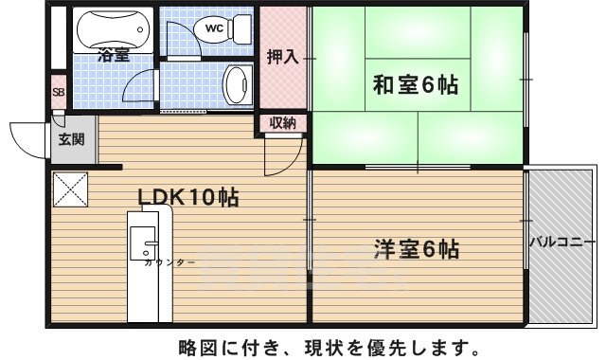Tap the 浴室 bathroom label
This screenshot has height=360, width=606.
click(112, 57)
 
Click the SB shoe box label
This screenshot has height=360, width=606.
click(58, 93)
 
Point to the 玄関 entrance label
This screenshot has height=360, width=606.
click(71, 140)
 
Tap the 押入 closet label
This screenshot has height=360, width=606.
click(281, 57)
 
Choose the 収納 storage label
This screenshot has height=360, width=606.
click(282, 122)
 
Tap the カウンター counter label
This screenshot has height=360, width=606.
click(169, 262)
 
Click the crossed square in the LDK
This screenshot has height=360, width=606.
click(69, 189)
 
